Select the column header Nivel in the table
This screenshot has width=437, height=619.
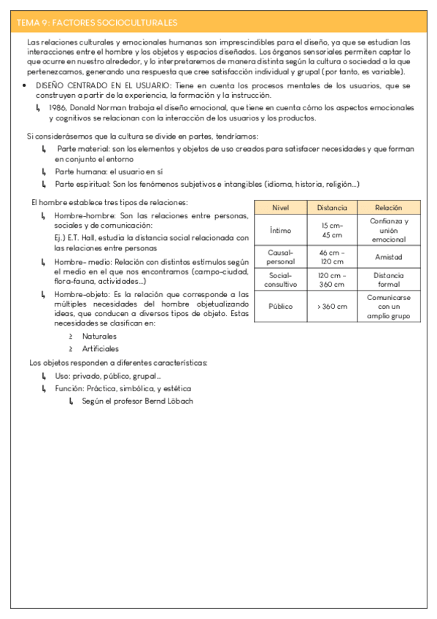pyautogui.click(x=280, y=207)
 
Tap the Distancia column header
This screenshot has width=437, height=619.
pyautogui.click(x=332, y=207)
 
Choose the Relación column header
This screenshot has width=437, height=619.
pyautogui.click(x=388, y=207)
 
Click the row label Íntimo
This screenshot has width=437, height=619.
pyautogui.click(x=280, y=230)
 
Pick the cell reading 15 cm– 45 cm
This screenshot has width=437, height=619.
pyautogui.click(x=332, y=230)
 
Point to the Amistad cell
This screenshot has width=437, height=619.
pyautogui.click(x=388, y=257)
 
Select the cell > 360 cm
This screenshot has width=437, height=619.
pyautogui.click(x=332, y=307)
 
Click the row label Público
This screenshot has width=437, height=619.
pyautogui.click(x=280, y=307)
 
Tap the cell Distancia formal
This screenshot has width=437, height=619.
pyautogui.click(x=388, y=280)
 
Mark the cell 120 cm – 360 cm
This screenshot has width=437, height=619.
pyautogui.click(x=332, y=280)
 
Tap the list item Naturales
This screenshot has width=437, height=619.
pyautogui.click(x=99, y=337)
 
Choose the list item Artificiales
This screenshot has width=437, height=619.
pyautogui.click(x=101, y=348)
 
